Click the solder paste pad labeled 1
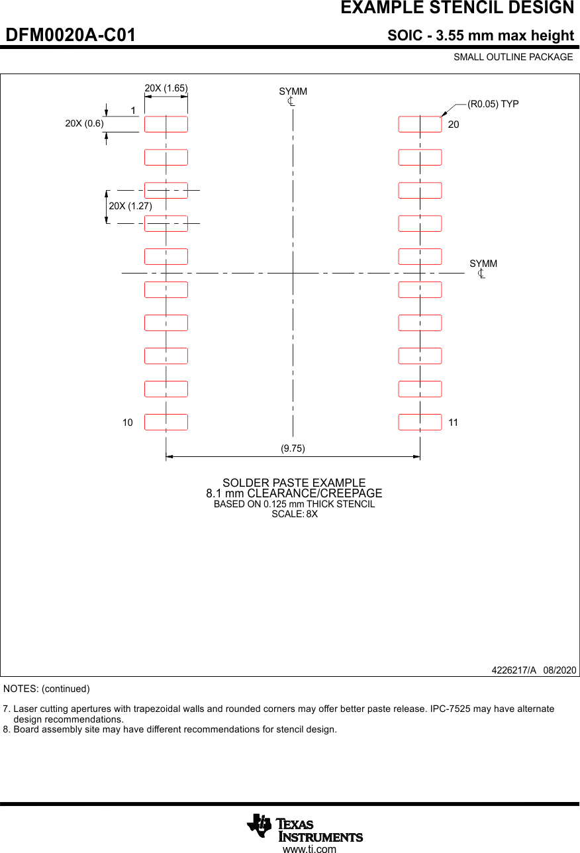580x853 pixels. pos(166,124)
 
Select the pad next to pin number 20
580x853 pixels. pos(420,124)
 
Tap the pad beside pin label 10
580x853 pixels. pos(166,422)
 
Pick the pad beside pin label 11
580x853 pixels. pos(420,422)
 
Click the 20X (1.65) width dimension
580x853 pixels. pos(166,88)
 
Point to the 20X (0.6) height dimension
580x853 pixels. pos(84,123)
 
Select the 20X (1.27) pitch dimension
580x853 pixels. pos(130,206)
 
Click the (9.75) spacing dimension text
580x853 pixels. pos(293,448)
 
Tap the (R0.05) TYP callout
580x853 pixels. pos(493,104)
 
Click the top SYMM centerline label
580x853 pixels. pos(293,91)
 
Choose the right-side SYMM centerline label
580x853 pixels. pos(483,264)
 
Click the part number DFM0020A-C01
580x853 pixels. pos(71,36)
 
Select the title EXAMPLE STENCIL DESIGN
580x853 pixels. pos(457,8)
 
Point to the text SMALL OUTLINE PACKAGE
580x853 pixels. pos(513,57)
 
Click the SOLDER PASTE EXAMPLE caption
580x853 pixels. pos(294,483)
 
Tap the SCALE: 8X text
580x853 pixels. pos(295,514)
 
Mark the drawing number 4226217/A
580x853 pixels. pos(514,670)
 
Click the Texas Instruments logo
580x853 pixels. pos(305,828)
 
